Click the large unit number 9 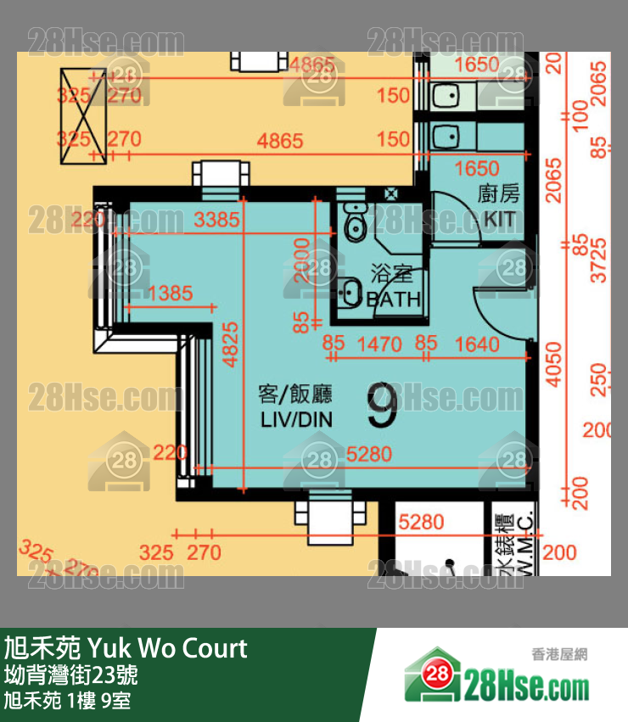383,406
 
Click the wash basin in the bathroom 349,293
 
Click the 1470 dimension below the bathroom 378,344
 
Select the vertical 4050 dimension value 553,364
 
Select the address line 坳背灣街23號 71,676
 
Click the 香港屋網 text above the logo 559,654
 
